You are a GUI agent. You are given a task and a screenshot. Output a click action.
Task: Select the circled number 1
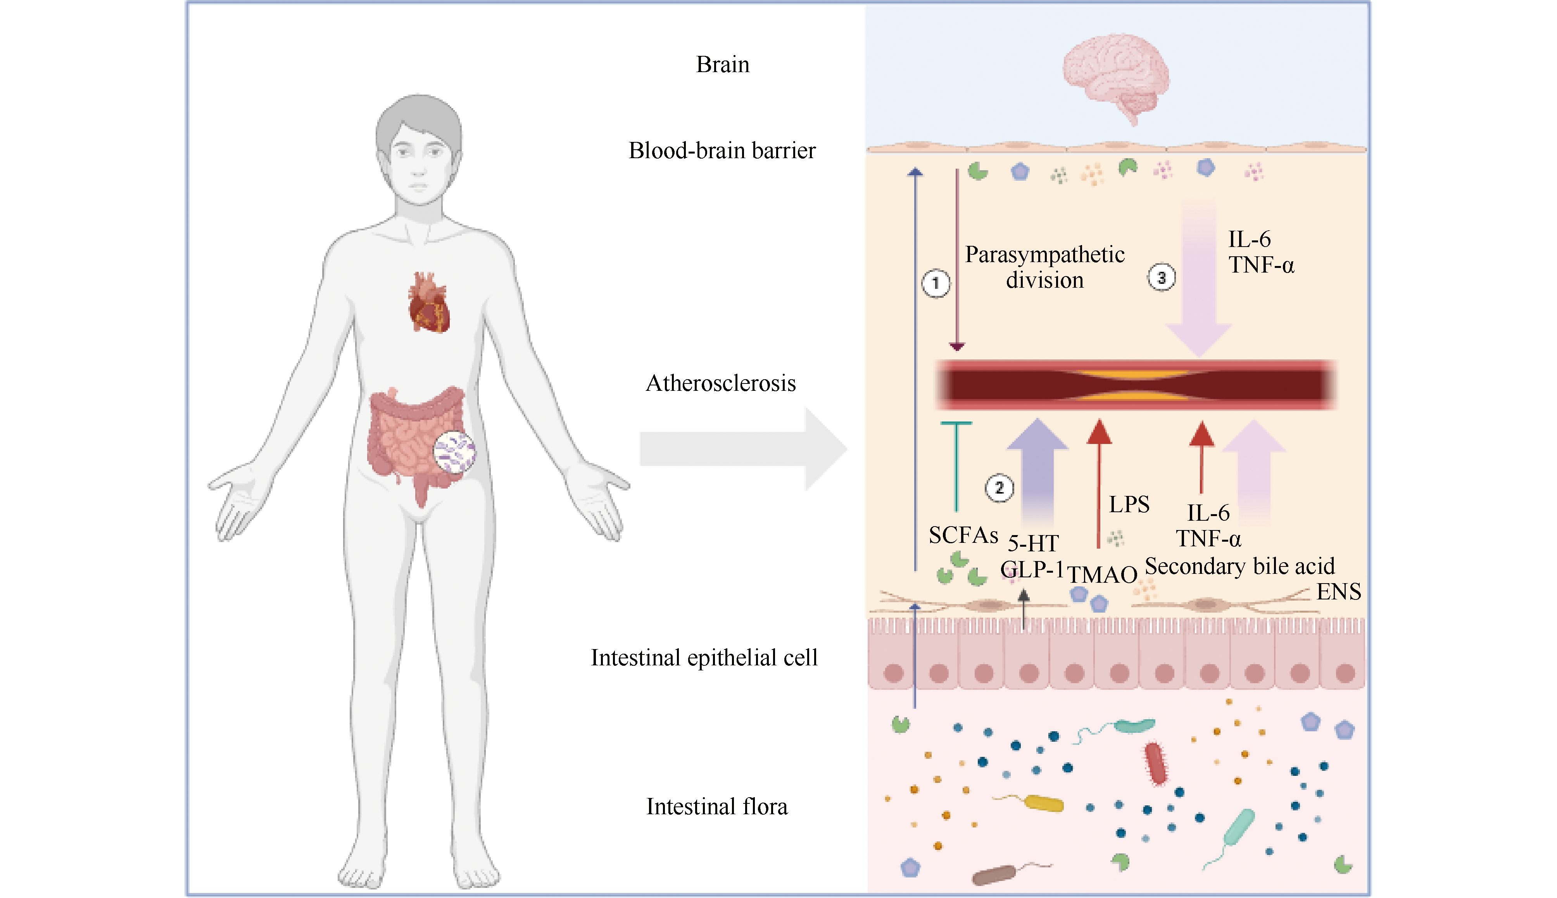(936, 284)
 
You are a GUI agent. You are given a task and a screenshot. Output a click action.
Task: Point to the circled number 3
(1161, 278)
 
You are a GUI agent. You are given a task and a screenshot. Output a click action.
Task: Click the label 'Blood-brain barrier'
(722, 150)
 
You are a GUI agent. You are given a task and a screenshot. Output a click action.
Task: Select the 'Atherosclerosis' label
(720, 383)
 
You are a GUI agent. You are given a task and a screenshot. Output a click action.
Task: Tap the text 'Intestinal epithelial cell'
(704, 658)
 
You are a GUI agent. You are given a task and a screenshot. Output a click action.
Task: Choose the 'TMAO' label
(1103, 575)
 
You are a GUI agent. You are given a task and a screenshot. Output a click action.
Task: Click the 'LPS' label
(1129, 504)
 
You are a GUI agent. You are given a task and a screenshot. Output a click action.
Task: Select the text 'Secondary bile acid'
(1239, 566)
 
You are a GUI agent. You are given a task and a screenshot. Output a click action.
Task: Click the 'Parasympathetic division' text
(1044, 267)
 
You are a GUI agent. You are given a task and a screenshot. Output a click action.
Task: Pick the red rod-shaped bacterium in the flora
(1156, 763)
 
